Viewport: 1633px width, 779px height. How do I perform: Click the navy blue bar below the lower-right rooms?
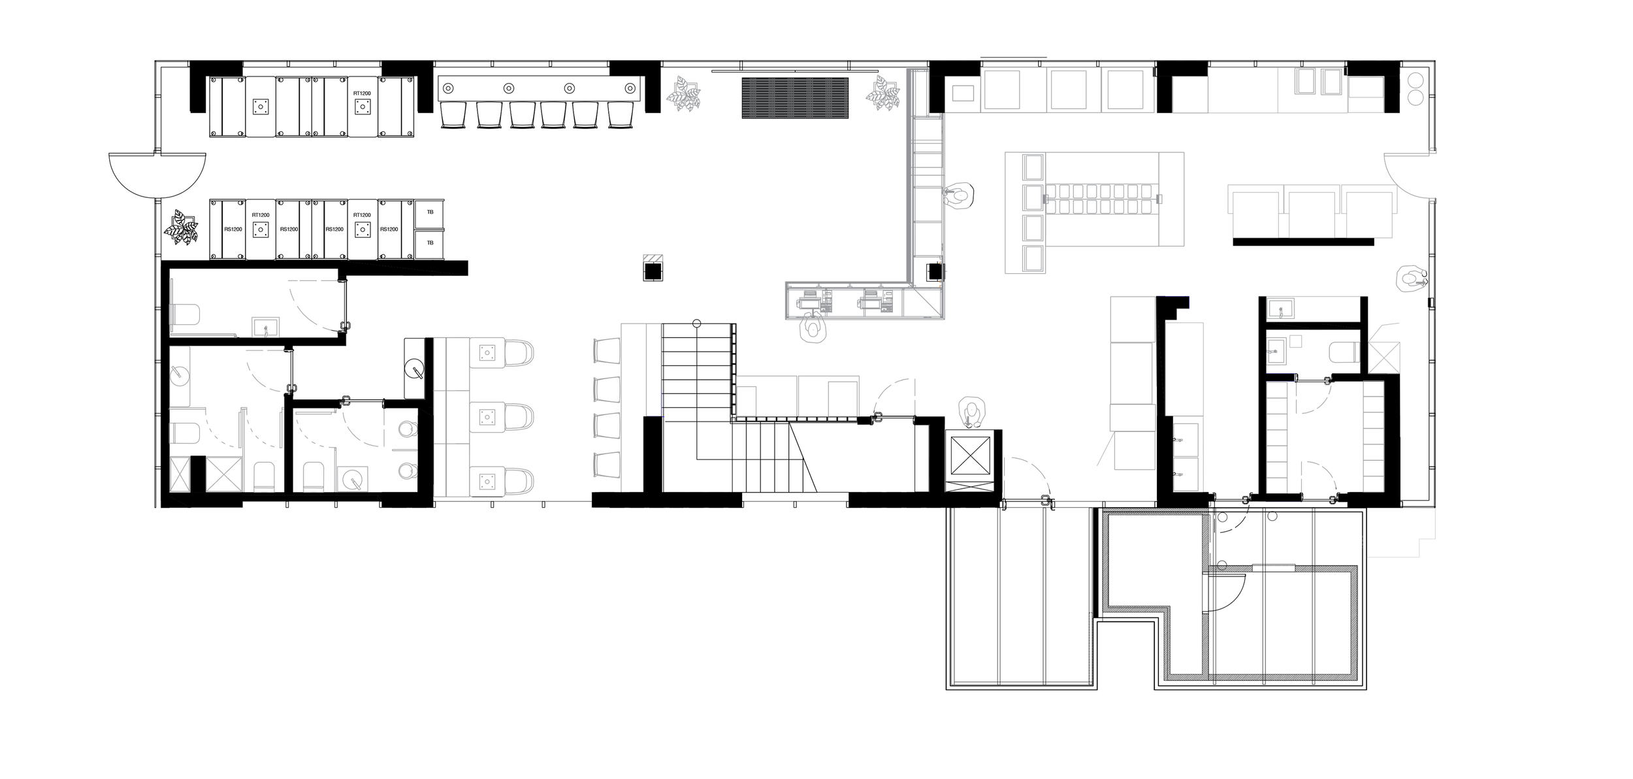point(1283,505)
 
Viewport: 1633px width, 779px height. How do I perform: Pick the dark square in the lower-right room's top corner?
point(1373,388)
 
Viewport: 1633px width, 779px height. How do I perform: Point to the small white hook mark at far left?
point(109,163)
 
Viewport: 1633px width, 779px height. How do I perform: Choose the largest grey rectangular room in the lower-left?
point(536,418)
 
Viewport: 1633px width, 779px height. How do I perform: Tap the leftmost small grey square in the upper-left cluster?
point(188,318)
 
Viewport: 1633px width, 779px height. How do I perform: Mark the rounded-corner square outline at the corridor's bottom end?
point(1015,487)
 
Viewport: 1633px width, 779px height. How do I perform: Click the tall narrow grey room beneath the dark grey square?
point(1188,405)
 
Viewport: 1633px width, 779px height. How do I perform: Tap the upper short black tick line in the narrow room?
point(1186,437)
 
